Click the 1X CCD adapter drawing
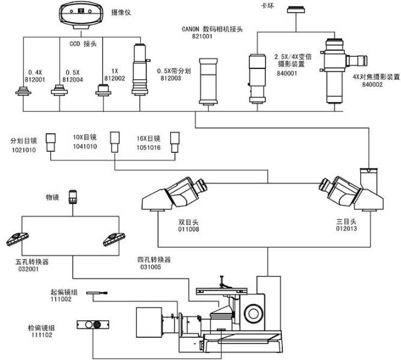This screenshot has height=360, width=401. tap(102, 91)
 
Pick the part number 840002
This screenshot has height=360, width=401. tap(372, 85)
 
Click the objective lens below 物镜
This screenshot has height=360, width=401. tap(73, 197)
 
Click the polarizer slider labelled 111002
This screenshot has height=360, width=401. tap(97, 293)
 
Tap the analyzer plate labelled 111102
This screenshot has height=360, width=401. tap(93, 325)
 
